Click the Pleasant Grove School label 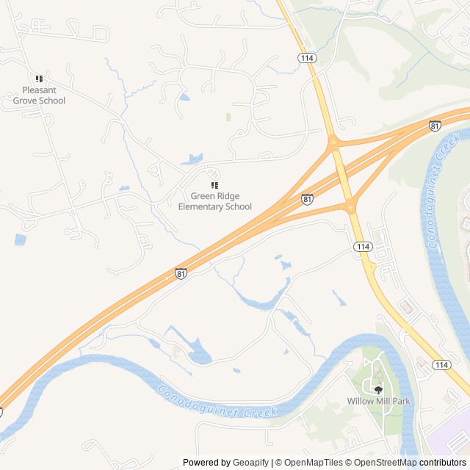[x=39, y=95]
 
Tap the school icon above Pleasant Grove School [x=39, y=79]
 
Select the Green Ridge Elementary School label [x=214, y=201]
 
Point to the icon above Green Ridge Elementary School [x=214, y=185]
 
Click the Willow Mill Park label [x=378, y=402]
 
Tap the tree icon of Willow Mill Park [x=378, y=389]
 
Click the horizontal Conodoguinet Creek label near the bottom [x=219, y=401]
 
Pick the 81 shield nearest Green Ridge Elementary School [x=307, y=199]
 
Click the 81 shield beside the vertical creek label [x=435, y=126]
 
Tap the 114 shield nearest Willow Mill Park [x=441, y=365]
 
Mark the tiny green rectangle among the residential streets [x=228, y=117]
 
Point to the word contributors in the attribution [x=443, y=463]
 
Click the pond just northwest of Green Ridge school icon [x=194, y=159]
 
